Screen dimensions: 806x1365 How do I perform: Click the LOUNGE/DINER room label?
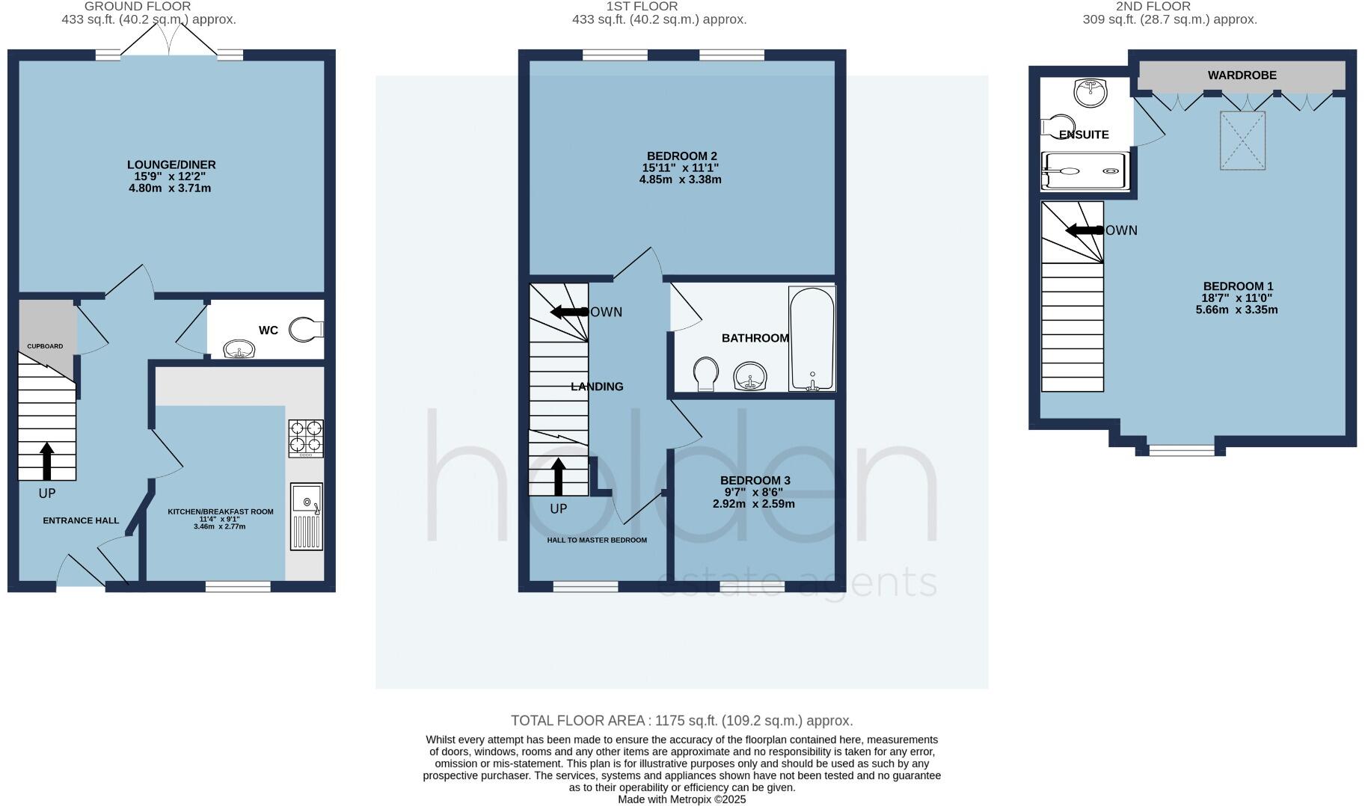tap(171, 164)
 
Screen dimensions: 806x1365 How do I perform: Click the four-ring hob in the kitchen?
tap(306, 438)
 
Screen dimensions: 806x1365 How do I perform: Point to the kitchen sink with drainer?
tap(307, 517)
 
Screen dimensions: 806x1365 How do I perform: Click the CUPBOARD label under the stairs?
tap(46, 346)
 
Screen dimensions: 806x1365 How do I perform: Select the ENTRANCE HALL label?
tap(81, 520)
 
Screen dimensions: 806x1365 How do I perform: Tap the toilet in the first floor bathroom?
tap(705, 373)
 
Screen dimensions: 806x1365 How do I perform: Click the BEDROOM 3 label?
tap(755, 481)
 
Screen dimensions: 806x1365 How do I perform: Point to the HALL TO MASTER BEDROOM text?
tap(597, 540)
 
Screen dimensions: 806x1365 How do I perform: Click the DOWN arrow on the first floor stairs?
tap(569, 312)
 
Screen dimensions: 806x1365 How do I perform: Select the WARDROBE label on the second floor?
tap(1242, 76)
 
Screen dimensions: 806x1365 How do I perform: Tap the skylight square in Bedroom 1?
tap(1243, 141)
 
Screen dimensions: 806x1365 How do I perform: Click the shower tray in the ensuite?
tap(1085, 171)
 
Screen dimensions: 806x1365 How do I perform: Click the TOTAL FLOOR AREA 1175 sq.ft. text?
tap(681, 721)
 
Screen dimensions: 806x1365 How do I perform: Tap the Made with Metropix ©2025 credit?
tap(681, 799)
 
